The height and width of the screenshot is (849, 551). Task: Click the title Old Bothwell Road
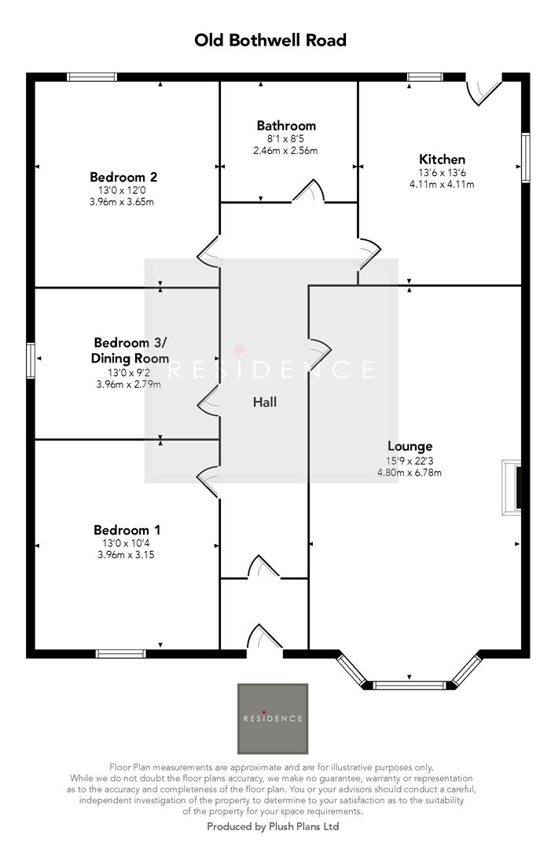270,40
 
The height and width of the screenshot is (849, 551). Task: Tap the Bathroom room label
286,126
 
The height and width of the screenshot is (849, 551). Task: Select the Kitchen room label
442,159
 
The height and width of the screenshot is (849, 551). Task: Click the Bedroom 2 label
123,177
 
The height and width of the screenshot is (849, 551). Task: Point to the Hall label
265,402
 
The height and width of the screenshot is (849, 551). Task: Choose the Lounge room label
410,447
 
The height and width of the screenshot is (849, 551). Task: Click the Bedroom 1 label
127,530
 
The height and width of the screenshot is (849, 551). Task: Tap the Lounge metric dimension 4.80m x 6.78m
410,472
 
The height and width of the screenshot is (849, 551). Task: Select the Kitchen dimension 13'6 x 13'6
442,173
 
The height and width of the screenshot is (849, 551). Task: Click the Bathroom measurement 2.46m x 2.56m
285,150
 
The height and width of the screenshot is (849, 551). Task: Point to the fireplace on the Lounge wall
512,487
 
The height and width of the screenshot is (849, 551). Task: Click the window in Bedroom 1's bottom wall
121,653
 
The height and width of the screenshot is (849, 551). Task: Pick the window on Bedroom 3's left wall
31,359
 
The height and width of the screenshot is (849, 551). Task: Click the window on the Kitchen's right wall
526,157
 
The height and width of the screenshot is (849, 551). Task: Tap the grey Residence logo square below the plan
273,719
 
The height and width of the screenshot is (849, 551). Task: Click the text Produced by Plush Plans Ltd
273,826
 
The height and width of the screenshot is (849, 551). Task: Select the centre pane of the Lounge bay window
410,685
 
